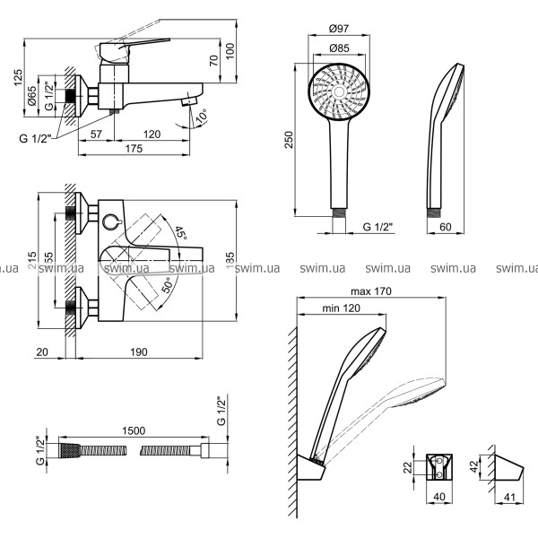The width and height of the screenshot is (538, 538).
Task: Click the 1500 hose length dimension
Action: point(133,431)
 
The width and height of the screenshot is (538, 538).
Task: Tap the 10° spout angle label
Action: point(203,117)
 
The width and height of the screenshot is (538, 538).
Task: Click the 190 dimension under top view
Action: point(138,352)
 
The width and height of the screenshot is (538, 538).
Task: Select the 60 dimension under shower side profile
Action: point(446,228)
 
